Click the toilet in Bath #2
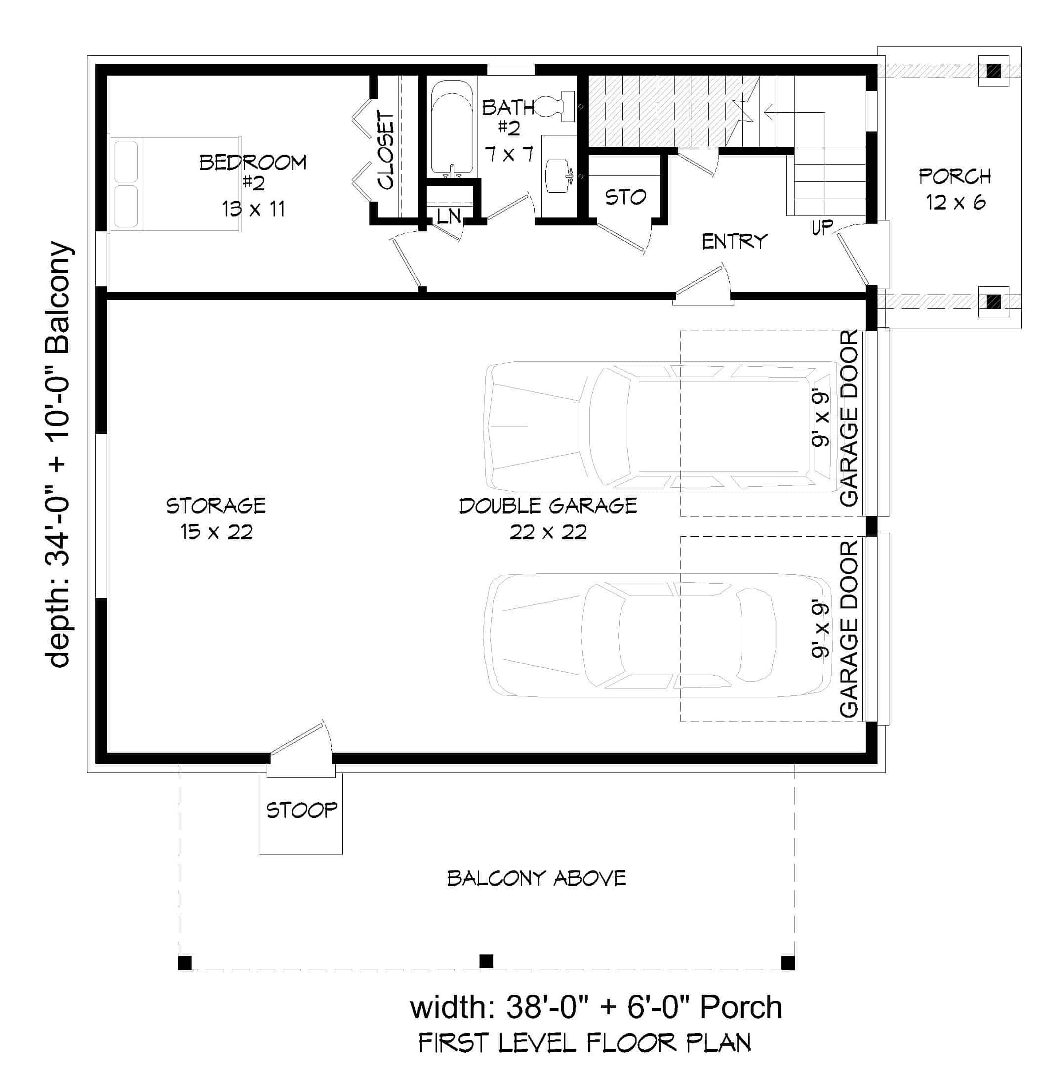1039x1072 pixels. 555,107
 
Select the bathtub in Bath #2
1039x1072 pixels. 451,129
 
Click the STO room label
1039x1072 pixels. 625,197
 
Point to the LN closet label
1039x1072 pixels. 449,216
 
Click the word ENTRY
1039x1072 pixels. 734,241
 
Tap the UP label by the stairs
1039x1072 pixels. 822,227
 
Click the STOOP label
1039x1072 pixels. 301,810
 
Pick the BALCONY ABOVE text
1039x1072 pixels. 536,878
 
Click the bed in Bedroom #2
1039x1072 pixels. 174,184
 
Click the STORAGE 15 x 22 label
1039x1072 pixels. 216,518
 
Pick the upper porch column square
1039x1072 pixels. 993,71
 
